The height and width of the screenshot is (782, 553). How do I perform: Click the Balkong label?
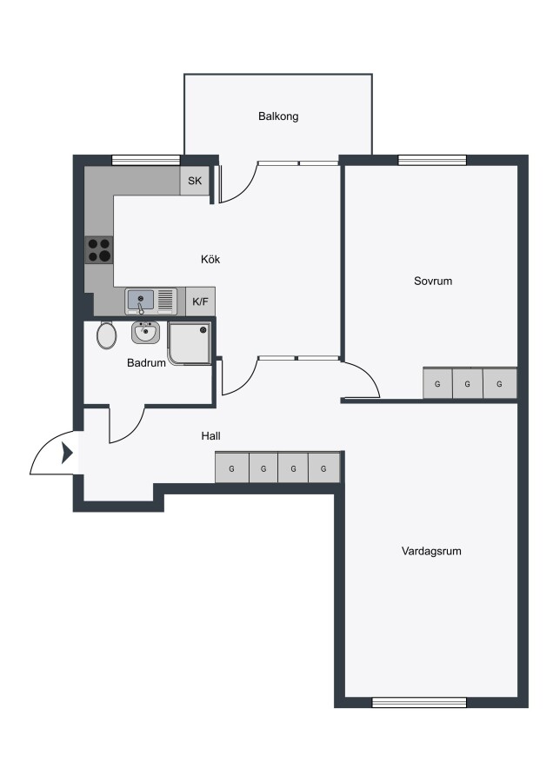278,116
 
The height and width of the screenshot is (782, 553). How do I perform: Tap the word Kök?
210,259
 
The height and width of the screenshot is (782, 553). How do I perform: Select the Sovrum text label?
433,281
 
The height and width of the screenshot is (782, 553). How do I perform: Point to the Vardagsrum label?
431,551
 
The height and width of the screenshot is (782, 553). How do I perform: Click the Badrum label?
146,362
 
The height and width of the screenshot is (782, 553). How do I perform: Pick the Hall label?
210,436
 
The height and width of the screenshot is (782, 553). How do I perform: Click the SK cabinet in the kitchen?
195,181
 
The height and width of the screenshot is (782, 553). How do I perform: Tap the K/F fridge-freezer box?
201,302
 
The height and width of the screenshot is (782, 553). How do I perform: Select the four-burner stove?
99,250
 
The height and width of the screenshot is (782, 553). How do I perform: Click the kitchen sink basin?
141,301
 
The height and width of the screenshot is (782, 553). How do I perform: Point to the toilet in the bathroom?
106,335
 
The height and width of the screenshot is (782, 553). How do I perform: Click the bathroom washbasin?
146,333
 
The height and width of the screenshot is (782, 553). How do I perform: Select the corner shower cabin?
190,343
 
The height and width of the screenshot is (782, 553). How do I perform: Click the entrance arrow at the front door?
67,453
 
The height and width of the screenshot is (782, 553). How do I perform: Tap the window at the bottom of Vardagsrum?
419,702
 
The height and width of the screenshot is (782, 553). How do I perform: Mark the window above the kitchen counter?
145,160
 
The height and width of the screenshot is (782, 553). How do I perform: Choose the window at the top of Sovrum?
432,160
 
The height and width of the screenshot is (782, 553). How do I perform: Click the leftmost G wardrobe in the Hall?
231,467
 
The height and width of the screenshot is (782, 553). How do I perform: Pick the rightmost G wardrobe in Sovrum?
500,383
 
